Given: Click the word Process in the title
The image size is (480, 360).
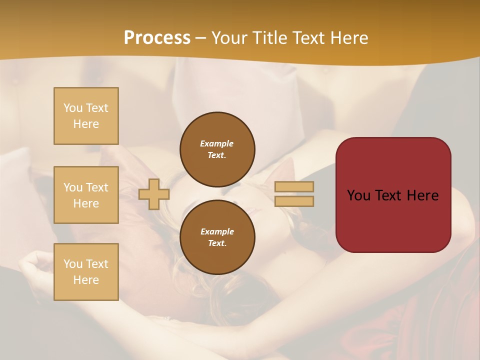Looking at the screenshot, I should coord(157,38).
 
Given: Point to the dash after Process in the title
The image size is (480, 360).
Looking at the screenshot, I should coord(201,38).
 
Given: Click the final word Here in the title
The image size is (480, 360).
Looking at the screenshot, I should coord(348,38).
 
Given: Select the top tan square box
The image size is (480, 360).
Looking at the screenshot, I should coord(86,116).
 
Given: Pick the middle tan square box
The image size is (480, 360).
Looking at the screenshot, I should coord(86,195).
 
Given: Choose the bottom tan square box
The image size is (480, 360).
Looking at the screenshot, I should coord(86,272).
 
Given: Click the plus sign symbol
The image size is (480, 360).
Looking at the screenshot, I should coord(154,194).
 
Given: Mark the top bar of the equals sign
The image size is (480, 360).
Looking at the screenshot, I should coord(294,186).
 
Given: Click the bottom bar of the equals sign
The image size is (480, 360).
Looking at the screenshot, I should coord(294,201).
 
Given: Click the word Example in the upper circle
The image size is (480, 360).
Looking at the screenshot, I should coord(217,143).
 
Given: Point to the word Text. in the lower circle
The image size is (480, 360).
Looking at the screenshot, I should coord(217,243).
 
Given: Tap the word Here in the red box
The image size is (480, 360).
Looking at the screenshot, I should coord(422,195).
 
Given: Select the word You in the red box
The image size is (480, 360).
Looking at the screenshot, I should coord(358,195).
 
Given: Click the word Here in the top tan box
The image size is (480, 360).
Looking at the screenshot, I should coord(86,124).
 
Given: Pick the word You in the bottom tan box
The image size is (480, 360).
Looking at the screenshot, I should coord(72,264).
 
